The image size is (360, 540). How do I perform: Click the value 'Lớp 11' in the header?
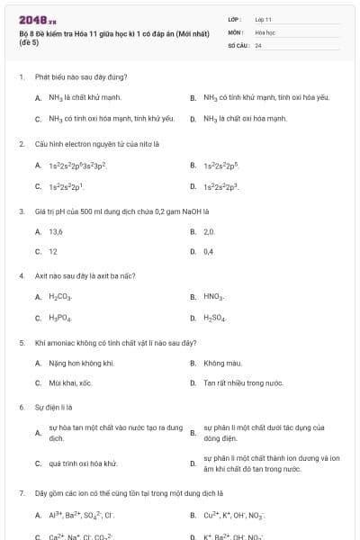pos(263,19)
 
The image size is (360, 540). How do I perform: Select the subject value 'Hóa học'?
pos(264,31)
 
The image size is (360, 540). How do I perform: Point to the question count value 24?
pos(258,44)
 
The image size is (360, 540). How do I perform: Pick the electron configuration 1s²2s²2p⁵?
pos(220,166)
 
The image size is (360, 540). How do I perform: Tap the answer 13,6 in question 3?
pos(56,231)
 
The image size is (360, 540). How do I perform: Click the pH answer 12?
pos(53,251)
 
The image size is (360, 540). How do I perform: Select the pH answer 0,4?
pos(209,251)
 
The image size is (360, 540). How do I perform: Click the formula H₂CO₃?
pos(60,296)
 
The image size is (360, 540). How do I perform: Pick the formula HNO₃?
pos(213,296)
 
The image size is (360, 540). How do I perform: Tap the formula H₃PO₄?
pos(60,318)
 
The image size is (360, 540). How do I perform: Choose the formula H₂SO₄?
pos(214,318)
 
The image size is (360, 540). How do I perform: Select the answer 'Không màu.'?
pos(220,363)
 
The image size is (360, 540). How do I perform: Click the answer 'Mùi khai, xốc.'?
pos(71,382)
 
